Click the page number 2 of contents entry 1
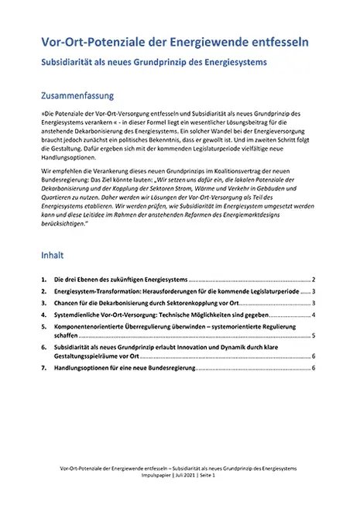[x=313, y=278]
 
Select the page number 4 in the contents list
[x=313, y=315]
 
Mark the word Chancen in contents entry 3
[x=69, y=303]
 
